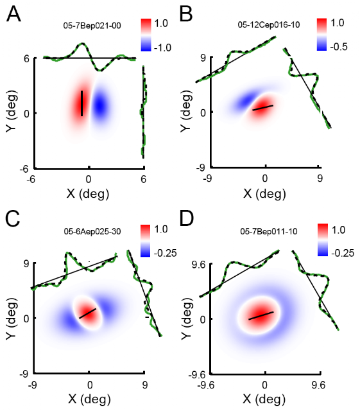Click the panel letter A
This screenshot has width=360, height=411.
pyautogui.click(x=13, y=14)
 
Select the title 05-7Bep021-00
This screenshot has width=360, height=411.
pyautogui.click(x=92, y=26)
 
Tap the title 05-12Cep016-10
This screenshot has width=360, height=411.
pyautogui.click(x=269, y=25)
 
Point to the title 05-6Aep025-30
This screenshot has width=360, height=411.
pyautogui.click(x=92, y=231)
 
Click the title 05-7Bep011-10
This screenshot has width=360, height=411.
pyautogui.click(x=269, y=231)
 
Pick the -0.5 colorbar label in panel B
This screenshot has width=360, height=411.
pyautogui.click(x=339, y=47)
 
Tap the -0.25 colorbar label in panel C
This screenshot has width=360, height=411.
pyautogui.click(x=166, y=253)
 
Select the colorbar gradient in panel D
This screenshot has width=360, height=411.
pyautogui.click(x=322, y=240)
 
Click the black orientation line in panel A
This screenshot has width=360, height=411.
pyautogui.click(x=81, y=103)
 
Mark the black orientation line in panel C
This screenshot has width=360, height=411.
pyautogui.click(x=87, y=313)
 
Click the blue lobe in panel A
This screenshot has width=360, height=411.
pyautogui.click(x=100, y=105)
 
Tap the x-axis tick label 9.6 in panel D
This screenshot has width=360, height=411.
pyautogui.click(x=318, y=385)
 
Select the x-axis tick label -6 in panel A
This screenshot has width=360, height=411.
pyautogui.click(x=31, y=179)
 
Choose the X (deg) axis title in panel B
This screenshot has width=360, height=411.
pyautogui.click(x=264, y=194)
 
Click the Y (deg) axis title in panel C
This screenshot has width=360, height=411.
pyautogui.click(x=12, y=319)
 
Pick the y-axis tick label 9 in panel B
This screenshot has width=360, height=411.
pyautogui.click(x=203, y=58)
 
